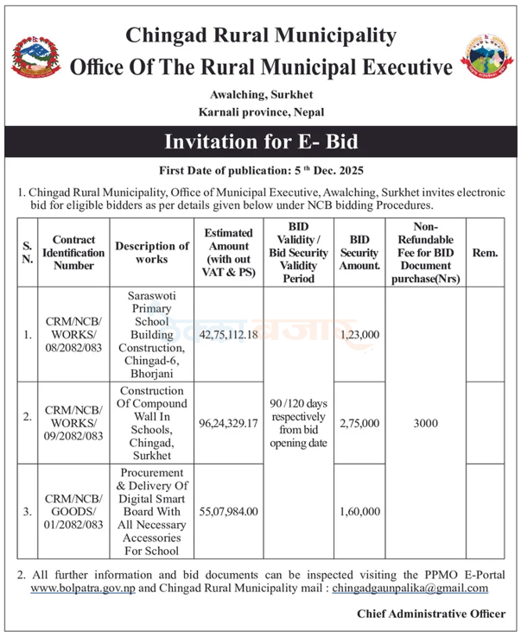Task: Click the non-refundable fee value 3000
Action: pos(426,423)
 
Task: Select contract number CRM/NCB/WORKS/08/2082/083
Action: pos(73,333)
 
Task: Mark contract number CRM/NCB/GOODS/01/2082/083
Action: pos(73,512)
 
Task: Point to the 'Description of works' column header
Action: pos(151,253)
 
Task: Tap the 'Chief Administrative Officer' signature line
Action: pos(431,613)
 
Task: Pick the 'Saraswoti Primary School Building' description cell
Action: pos(151,333)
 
